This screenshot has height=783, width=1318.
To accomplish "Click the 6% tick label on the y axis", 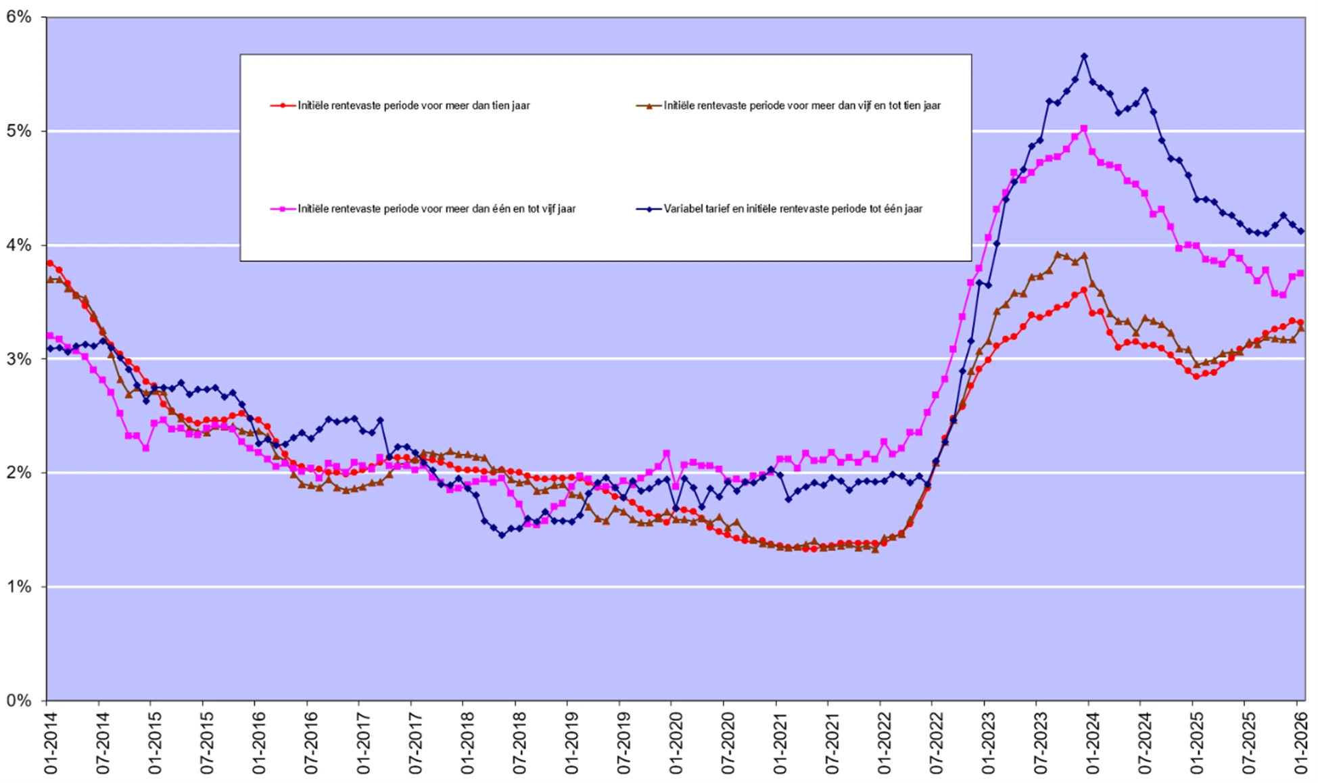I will click(x=19, y=17).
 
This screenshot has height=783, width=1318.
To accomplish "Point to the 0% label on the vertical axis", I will click(x=19, y=701).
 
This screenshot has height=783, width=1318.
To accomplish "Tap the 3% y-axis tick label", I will click(x=19, y=359).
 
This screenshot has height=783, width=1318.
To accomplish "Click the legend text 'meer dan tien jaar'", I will click(x=414, y=105).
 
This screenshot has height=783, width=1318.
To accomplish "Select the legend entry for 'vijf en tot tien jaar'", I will click(x=802, y=105).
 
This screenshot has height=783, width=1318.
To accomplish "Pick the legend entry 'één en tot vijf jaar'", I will click(x=437, y=209).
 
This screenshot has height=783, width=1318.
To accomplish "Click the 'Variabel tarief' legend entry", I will click(x=793, y=209).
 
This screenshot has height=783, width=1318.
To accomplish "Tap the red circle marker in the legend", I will click(x=283, y=105).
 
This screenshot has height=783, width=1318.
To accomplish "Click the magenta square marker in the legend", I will click(x=283, y=209).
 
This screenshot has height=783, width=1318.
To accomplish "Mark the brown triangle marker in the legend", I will click(x=649, y=105).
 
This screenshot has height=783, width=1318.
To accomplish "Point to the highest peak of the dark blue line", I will click(x=1084, y=56).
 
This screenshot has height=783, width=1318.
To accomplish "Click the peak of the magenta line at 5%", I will click(x=1083, y=128).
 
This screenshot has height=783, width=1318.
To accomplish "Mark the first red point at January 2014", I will click(x=50, y=263).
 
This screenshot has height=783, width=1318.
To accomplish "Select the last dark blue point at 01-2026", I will click(x=1301, y=231).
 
